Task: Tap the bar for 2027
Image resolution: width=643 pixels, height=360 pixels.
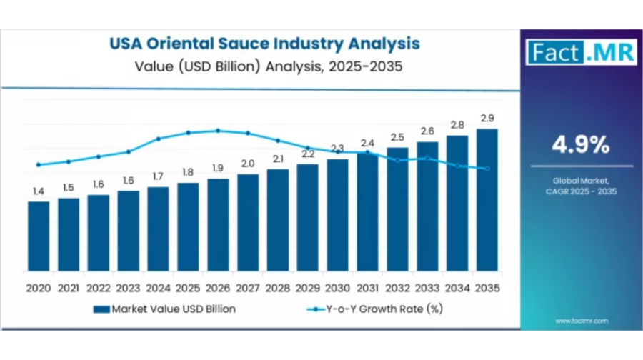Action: (248, 222)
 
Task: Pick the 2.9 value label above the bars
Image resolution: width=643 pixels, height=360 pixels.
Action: (487, 118)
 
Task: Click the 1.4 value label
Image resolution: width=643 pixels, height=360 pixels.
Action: (39, 191)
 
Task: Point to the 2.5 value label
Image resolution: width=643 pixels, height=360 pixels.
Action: (397, 137)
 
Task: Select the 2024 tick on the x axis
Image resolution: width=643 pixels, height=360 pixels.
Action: (158, 288)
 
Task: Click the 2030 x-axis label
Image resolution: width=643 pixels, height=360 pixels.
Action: (337, 288)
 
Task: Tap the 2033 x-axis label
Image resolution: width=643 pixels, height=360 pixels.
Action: (427, 288)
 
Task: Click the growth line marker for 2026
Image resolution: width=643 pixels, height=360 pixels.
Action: (218, 131)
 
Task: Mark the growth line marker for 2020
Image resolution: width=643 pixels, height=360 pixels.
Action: (39, 165)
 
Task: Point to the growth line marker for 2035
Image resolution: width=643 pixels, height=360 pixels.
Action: (487, 169)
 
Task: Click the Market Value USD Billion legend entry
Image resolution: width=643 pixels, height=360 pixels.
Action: (164, 309)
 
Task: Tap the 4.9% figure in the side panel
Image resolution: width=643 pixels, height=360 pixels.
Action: (580, 145)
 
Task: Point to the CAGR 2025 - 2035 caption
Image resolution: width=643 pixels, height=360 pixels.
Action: (581, 191)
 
